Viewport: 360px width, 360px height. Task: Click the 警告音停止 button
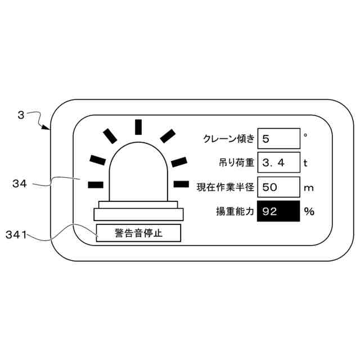[x=138, y=233]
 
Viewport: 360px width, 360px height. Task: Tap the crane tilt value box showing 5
[x=279, y=138]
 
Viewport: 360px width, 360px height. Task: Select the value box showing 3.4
[x=279, y=163]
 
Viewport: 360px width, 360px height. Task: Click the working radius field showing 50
[x=279, y=187]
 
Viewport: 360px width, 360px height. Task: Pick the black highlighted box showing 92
[x=279, y=211]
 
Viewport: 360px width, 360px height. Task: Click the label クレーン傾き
[x=228, y=139]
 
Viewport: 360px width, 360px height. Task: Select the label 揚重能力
[x=235, y=211]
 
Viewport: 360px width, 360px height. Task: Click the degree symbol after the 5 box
[x=305, y=135]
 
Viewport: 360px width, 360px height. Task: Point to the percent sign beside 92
[x=309, y=211]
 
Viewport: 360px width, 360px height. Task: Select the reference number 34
[x=20, y=182]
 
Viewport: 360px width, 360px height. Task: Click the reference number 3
[x=20, y=115]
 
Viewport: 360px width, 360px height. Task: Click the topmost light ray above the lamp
[x=137, y=127]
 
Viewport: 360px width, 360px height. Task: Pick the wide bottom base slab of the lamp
[x=139, y=214]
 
